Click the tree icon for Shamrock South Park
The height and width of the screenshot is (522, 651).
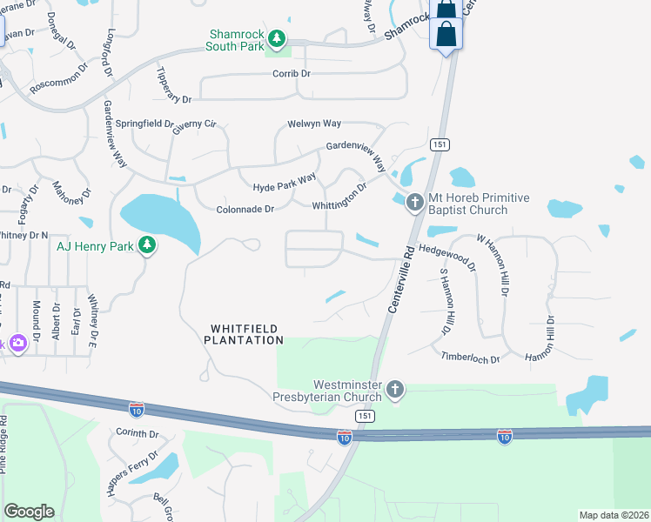click(277, 38)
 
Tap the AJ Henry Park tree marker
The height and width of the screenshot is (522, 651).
click(148, 245)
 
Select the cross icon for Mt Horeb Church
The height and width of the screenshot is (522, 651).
click(414, 203)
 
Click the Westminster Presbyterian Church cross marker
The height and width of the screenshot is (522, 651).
click(395, 389)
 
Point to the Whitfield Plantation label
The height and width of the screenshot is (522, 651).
click(245, 334)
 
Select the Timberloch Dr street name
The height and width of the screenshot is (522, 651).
click(470, 358)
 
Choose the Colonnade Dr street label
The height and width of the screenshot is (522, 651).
click(245, 209)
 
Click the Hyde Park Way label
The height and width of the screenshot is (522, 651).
click(285, 183)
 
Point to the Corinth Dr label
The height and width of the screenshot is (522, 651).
click(137, 433)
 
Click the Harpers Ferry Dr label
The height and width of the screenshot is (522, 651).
click(131, 472)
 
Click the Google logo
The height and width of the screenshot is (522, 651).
click(29, 512)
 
